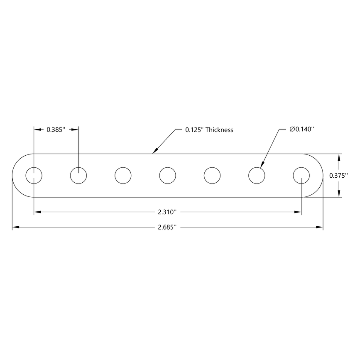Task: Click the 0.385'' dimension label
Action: point(56,130)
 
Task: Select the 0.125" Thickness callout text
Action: point(209,130)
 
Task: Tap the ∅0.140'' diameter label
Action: point(301,130)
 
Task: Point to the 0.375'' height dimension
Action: point(338,176)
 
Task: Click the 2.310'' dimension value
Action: point(167,212)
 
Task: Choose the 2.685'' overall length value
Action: point(167,227)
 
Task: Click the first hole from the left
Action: point(34,175)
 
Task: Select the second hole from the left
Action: point(78,175)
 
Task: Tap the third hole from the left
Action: point(123,175)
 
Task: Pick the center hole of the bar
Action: point(168,175)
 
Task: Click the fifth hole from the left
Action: point(212,175)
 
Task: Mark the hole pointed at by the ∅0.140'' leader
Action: point(257,175)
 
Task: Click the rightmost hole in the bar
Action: point(301,175)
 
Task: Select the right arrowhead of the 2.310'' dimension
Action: point(298,212)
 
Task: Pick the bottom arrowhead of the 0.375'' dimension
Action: point(340,193)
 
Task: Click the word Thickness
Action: point(219,130)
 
